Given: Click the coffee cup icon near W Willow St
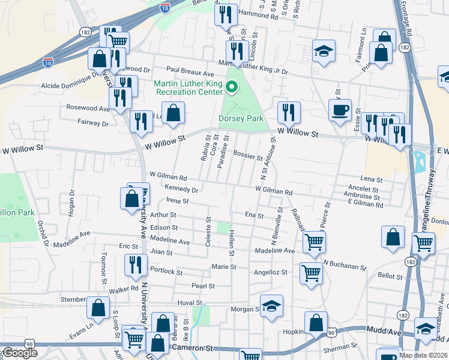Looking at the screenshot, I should [x=340, y=110].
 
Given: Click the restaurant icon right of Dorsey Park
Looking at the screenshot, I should [x=289, y=112].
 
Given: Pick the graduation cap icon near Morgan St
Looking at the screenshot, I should [x=271, y=305].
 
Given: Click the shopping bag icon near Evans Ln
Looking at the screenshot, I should [x=98, y=307].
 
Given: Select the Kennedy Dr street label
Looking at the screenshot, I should [x=181, y=189].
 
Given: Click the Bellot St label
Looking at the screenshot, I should [x=390, y=276].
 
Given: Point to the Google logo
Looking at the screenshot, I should [x=20, y=353].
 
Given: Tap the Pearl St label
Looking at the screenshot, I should [x=203, y=286].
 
